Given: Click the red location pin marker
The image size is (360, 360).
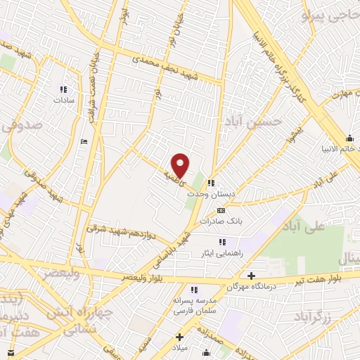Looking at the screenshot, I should pos(181,165).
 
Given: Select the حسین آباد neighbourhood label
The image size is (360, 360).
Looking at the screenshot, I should pos(260,120).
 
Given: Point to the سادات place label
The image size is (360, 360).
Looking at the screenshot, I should pos(63,101).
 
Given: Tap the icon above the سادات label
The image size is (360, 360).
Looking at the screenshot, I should pos(63,89).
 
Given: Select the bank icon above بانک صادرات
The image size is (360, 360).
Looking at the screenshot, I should pos(221,210).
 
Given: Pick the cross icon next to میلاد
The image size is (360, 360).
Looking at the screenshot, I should pos(179,337).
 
